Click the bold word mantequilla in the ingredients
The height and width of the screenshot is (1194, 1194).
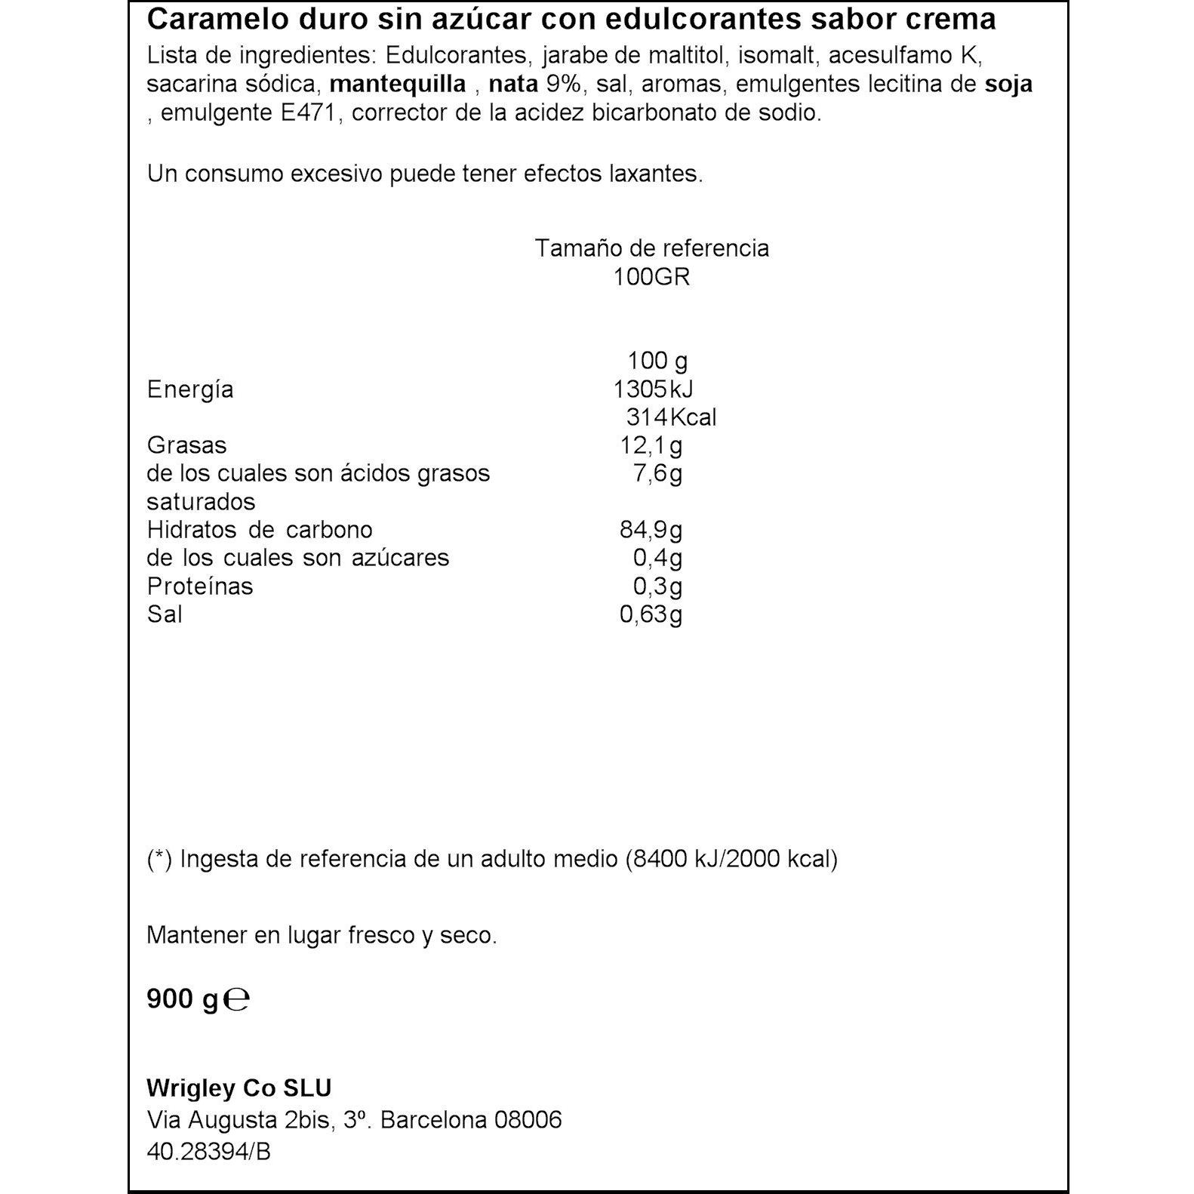tap(398, 85)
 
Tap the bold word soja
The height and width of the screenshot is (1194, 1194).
tap(1008, 85)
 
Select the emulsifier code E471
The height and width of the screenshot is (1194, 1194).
tap(303, 113)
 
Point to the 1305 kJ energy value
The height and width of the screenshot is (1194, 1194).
tap(653, 389)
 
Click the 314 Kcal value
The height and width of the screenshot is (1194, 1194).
tap(671, 417)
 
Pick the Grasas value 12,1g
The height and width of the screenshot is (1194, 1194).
tap(651, 445)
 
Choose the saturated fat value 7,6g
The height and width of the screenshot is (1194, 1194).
tap(657, 474)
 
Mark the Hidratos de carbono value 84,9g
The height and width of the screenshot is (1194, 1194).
tap(651, 530)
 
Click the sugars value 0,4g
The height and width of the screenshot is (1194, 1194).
tap(657, 559)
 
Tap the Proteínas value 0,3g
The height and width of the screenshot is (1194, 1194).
tap(657, 586)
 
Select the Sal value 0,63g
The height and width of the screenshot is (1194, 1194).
tap(651, 614)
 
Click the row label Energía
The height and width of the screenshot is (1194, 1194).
tap(190, 389)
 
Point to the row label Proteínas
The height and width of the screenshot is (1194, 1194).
tap(200, 586)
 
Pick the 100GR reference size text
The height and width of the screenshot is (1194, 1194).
tap(651, 277)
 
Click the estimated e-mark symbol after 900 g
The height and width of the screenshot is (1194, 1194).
tap(237, 1000)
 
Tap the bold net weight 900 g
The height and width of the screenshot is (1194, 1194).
tap(182, 999)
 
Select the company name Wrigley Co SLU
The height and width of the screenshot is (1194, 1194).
tap(239, 1088)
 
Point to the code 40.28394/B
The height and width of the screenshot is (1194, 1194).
tap(208, 1152)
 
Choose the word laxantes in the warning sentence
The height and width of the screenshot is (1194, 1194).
tap(655, 174)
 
